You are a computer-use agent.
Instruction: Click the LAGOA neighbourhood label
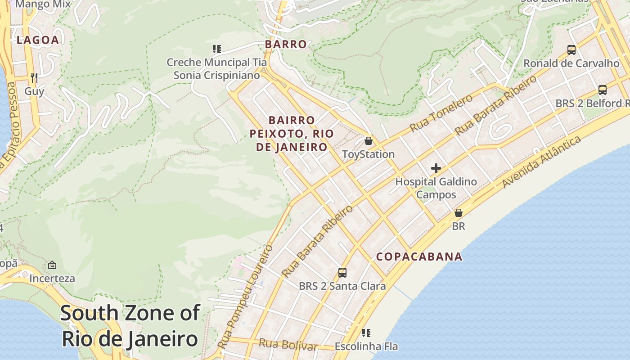pyautogui.click(x=38, y=40)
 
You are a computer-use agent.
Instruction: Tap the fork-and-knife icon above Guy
pyautogui.click(x=34, y=77)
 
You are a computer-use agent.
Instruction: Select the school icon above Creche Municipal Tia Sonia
pyautogui.click(x=217, y=49)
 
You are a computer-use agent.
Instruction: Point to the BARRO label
pyautogui.click(x=286, y=44)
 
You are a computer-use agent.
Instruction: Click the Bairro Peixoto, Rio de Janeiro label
pyautogui.click(x=292, y=134)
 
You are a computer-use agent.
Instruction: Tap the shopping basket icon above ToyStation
pyautogui.click(x=369, y=141)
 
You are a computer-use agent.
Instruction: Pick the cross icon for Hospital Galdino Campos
pyautogui.click(x=436, y=168)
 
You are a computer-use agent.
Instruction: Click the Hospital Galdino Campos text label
pyautogui.click(x=436, y=188)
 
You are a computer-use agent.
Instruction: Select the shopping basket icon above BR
pyautogui.click(x=458, y=213)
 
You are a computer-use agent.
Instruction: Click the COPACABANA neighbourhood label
pyautogui.click(x=419, y=256)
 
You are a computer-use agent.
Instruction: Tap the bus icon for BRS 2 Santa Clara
pyautogui.click(x=342, y=272)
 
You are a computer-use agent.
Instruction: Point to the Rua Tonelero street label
pyautogui.click(x=441, y=113)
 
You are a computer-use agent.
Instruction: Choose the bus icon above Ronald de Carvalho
pyautogui.click(x=571, y=49)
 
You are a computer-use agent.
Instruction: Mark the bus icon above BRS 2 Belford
pyautogui.click(x=603, y=90)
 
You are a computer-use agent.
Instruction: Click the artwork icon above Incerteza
pyautogui.click(x=52, y=265)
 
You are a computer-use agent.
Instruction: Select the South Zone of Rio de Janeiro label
pyautogui.click(x=130, y=325)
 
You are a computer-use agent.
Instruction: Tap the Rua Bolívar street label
pyautogui.click(x=288, y=345)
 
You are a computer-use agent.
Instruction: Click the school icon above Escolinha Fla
pyautogui.click(x=366, y=333)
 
